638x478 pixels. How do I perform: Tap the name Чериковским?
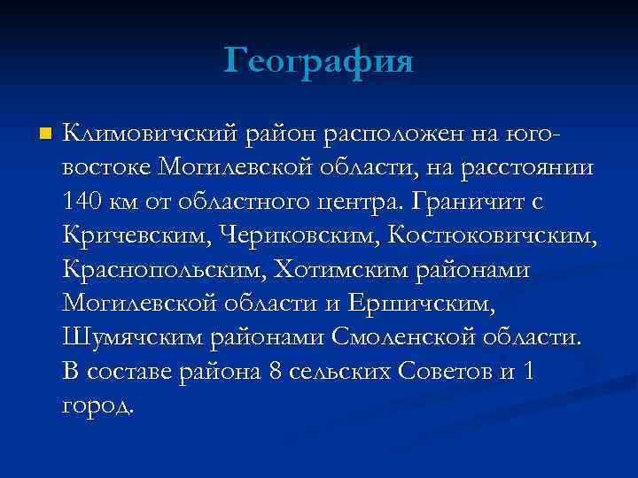[278, 236]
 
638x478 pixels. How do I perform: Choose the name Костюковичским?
[480, 236]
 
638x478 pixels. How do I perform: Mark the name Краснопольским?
[163, 270]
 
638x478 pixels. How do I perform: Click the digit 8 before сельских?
[275, 371]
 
